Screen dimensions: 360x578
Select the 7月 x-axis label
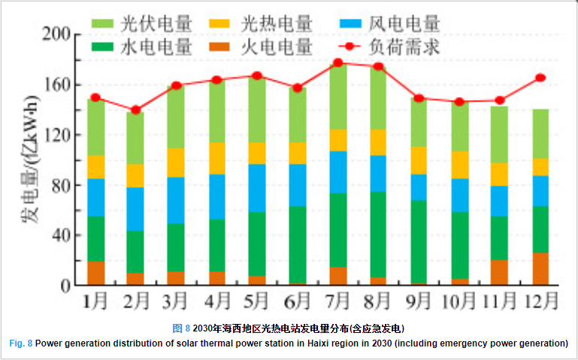coord(338,302)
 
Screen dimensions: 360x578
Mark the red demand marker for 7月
coord(338,63)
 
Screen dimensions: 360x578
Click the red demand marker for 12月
coord(540,77)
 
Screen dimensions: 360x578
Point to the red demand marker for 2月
coord(135,110)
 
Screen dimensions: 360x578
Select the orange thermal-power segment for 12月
coord(540,269)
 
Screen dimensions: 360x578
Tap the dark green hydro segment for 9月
coord(419,242)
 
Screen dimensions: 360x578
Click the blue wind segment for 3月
coord(176,200)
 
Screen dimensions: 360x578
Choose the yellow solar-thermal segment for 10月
coord(459,165)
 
